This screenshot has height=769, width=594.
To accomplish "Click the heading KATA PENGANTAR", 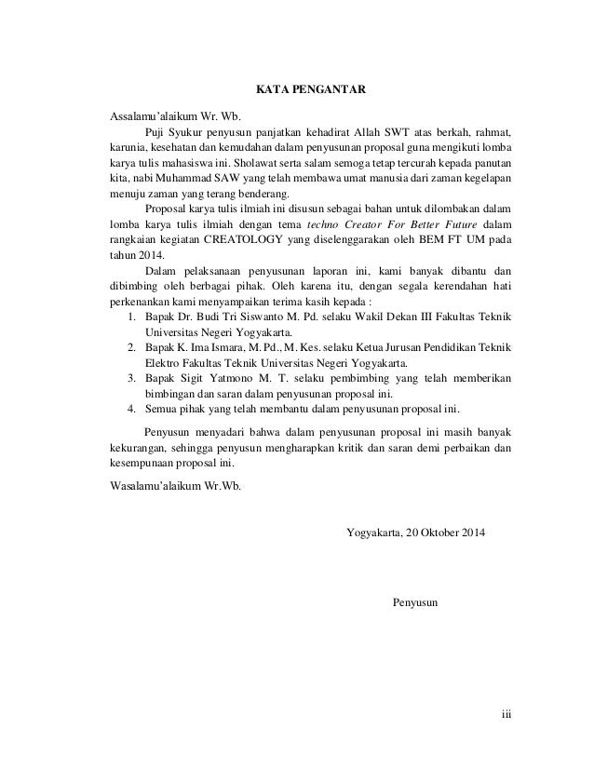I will point(311,90).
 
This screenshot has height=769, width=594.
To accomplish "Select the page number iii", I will point(507,716).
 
